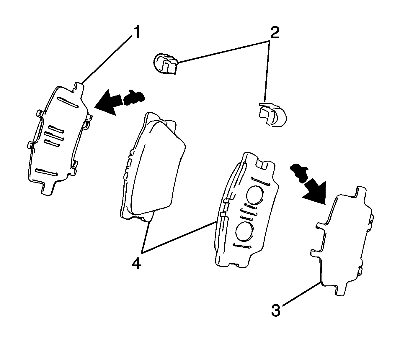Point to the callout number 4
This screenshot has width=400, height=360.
click(x=136, y=262)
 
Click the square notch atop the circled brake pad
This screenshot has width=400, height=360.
click(x=262, y=164)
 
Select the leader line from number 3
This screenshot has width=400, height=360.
click(x=301, y=295)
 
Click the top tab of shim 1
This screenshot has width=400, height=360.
click(x=78, y=87)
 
